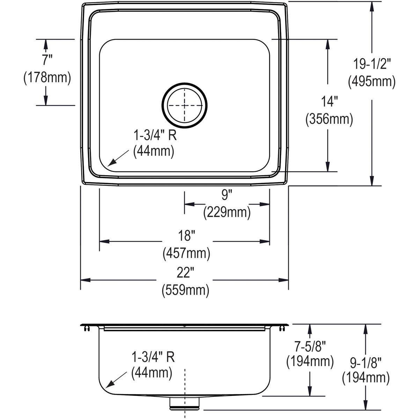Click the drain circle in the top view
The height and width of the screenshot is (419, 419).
[x=184, y=105]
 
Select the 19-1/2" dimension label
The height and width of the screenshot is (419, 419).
[x=372, y=64]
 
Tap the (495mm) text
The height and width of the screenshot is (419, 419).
[x=372, y=81]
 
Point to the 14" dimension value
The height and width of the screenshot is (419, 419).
[x=329, y=102]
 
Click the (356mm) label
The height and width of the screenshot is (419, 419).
[x=329, y=119]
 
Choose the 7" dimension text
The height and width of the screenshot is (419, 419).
[x=47, y=60]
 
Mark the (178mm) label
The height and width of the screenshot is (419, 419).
[x=47, y=77]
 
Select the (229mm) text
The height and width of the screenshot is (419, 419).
[x=227, y=212]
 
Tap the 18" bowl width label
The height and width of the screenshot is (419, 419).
[x=186, y=236]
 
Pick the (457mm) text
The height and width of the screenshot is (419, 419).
[x=186, y=253]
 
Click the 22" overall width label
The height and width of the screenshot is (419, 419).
[x=185, y=273]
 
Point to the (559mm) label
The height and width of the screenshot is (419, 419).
[x=185, y=290]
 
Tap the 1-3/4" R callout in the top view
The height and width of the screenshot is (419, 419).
[x=155, y=135]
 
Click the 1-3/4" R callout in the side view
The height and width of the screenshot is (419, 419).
[x=153, y=357]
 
